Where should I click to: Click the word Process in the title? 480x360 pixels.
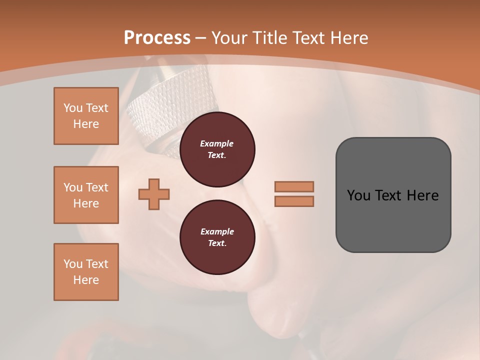tap(157, 38)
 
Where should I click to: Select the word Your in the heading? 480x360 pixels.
tap(230, 38)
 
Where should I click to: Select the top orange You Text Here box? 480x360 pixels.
tap(86, 116)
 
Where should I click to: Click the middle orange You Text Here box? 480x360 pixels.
tap(86, 195)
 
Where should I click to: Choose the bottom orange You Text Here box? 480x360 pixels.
tap(86, 272)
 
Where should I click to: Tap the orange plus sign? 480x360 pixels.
tap(154, 194)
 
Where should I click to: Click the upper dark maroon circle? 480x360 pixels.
tap(217, 149)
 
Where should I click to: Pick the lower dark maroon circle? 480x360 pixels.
tap(217, 237)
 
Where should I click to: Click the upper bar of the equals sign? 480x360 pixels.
tap(294, 186)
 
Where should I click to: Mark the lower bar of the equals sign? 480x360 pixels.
tap(294, 201)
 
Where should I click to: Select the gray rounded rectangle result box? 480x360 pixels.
tap(393, 194)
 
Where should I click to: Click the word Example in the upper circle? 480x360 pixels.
tap(217, 143)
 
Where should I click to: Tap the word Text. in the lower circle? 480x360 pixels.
tap(217, 243)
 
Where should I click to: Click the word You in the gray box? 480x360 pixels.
tap(359, 195)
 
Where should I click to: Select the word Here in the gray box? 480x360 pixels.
tap(422, 195)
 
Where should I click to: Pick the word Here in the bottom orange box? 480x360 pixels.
tap(86, 280)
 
